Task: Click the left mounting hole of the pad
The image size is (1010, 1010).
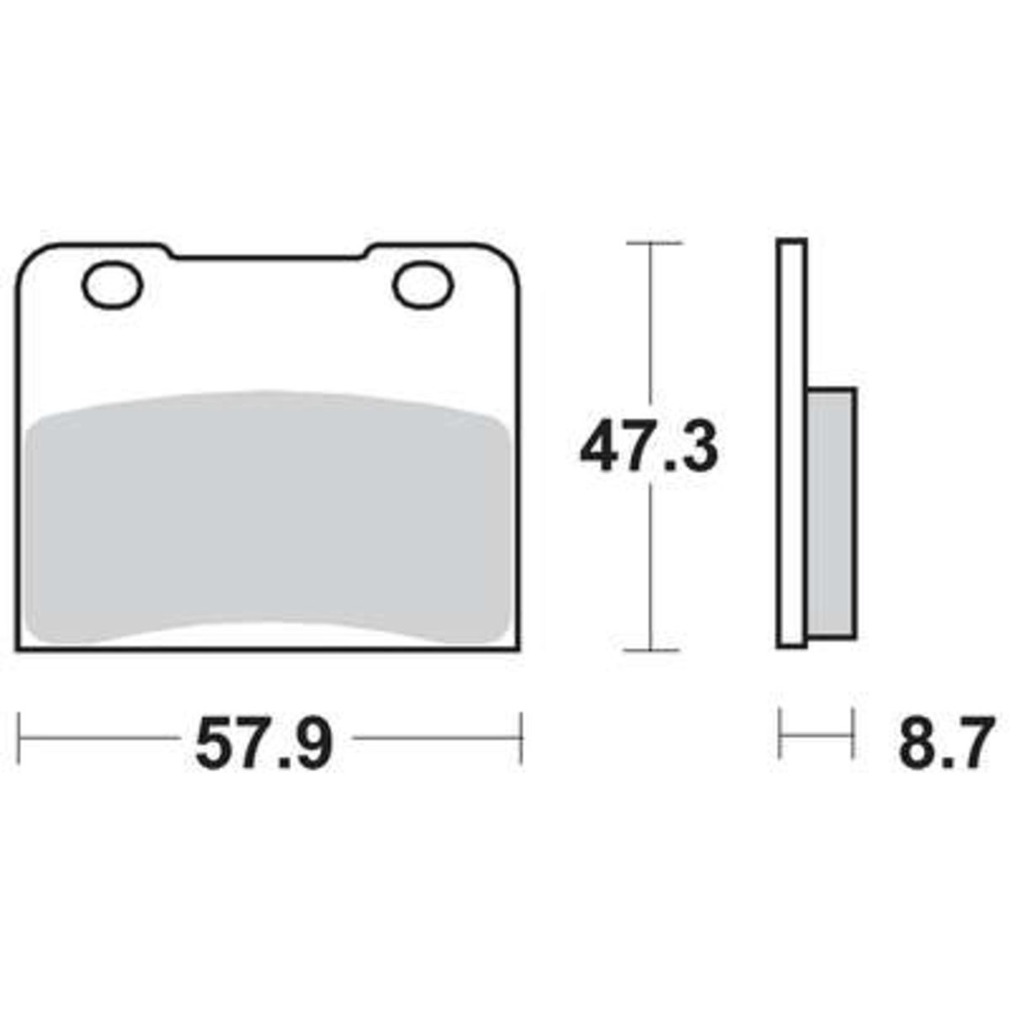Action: [112, 285]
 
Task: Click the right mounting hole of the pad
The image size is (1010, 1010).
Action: [423, 284]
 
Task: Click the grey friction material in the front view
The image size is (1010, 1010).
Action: [268, 516]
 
